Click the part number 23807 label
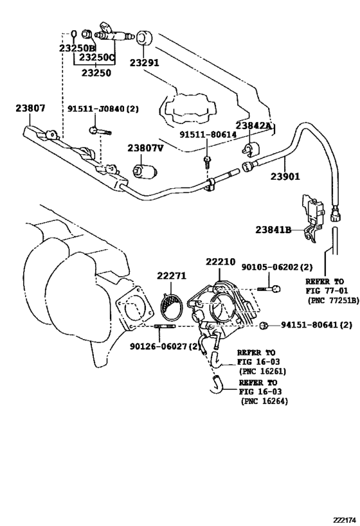tap(30, 109)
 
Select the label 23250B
tap(77, 48)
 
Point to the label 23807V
tap(145, 148)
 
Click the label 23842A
tap(253, 127)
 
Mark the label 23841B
tap(274, 230)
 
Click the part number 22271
tap(172, 276)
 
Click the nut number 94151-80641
tap(316, 325)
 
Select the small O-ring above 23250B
tap(74, 33)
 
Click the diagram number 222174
tap(345, 520)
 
